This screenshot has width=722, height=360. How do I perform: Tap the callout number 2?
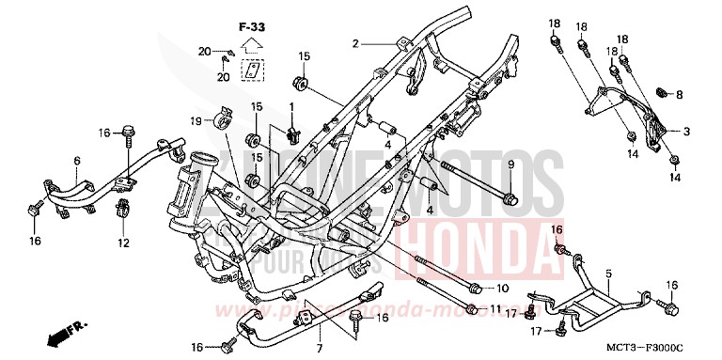[x=355, y=44]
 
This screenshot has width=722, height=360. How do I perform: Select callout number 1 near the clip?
[x=291, y=105]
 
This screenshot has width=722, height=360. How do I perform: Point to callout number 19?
[x=196, y=120]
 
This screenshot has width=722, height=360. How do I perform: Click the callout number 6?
[x=76, y=160]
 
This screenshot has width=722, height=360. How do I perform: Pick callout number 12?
[x=122, y=243]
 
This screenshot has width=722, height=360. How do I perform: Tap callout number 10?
[x=501, y=289]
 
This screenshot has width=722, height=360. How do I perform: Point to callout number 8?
[x=680, y=95]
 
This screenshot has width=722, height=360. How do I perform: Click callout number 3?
[x=686, y=132]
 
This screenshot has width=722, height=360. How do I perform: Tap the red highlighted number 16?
[x=557, y=230]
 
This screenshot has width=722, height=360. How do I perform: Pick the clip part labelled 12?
[x=122, y=211]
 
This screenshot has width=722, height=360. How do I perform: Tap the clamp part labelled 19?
[x=224, y=119]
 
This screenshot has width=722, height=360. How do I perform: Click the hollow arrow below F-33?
[x=251, y=43]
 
